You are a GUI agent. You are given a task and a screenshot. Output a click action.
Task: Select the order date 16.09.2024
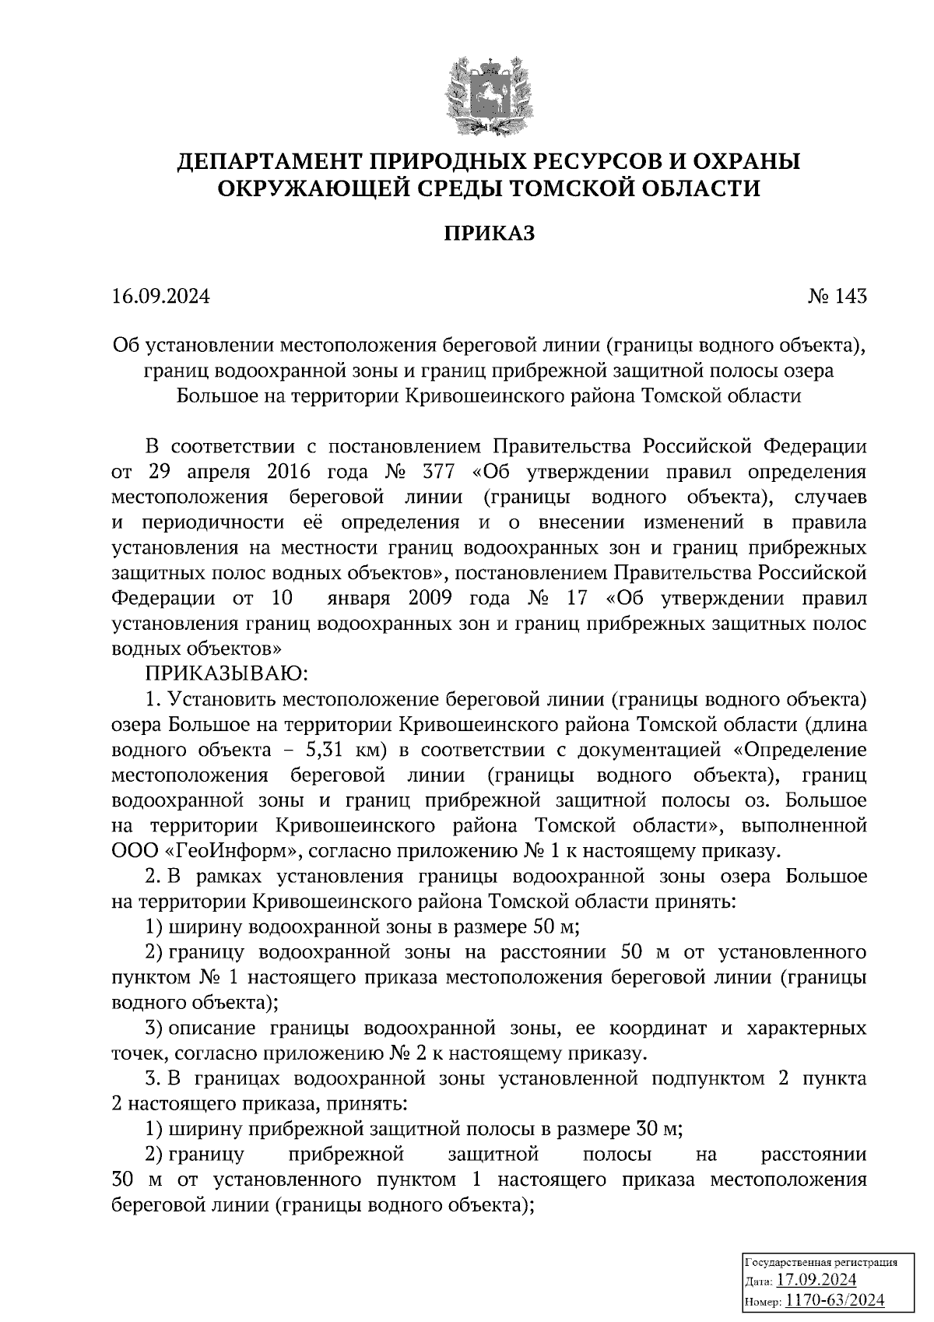(x=161, y=297)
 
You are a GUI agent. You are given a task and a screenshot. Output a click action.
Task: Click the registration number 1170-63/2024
(x=834, y=1299)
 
